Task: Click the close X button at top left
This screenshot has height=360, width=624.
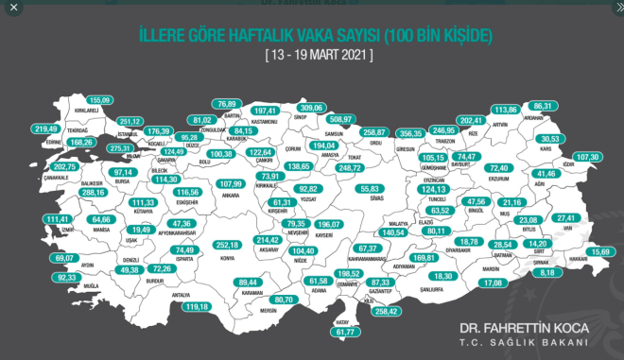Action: tap(13, 8)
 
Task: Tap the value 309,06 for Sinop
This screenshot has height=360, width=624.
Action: tap(311, 108)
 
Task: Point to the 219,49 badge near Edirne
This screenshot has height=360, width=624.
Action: tap(45, 129)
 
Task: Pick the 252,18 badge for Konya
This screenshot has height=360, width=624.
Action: tap(228, 244)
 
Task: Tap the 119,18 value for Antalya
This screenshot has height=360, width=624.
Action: tap(197, 306)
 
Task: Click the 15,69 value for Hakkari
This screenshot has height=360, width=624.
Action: tap(599, 251)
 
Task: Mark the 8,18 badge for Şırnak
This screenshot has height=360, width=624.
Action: tap(547, 272)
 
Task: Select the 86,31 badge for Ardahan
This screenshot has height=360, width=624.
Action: tap(543, 106)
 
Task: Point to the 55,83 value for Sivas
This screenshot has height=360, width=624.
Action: tap(370, 188)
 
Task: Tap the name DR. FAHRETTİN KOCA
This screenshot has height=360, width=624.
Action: tap(524, 328)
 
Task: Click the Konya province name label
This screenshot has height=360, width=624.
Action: tap(227, 257)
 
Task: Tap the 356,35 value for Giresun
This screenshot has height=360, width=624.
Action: tap(409, 133)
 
